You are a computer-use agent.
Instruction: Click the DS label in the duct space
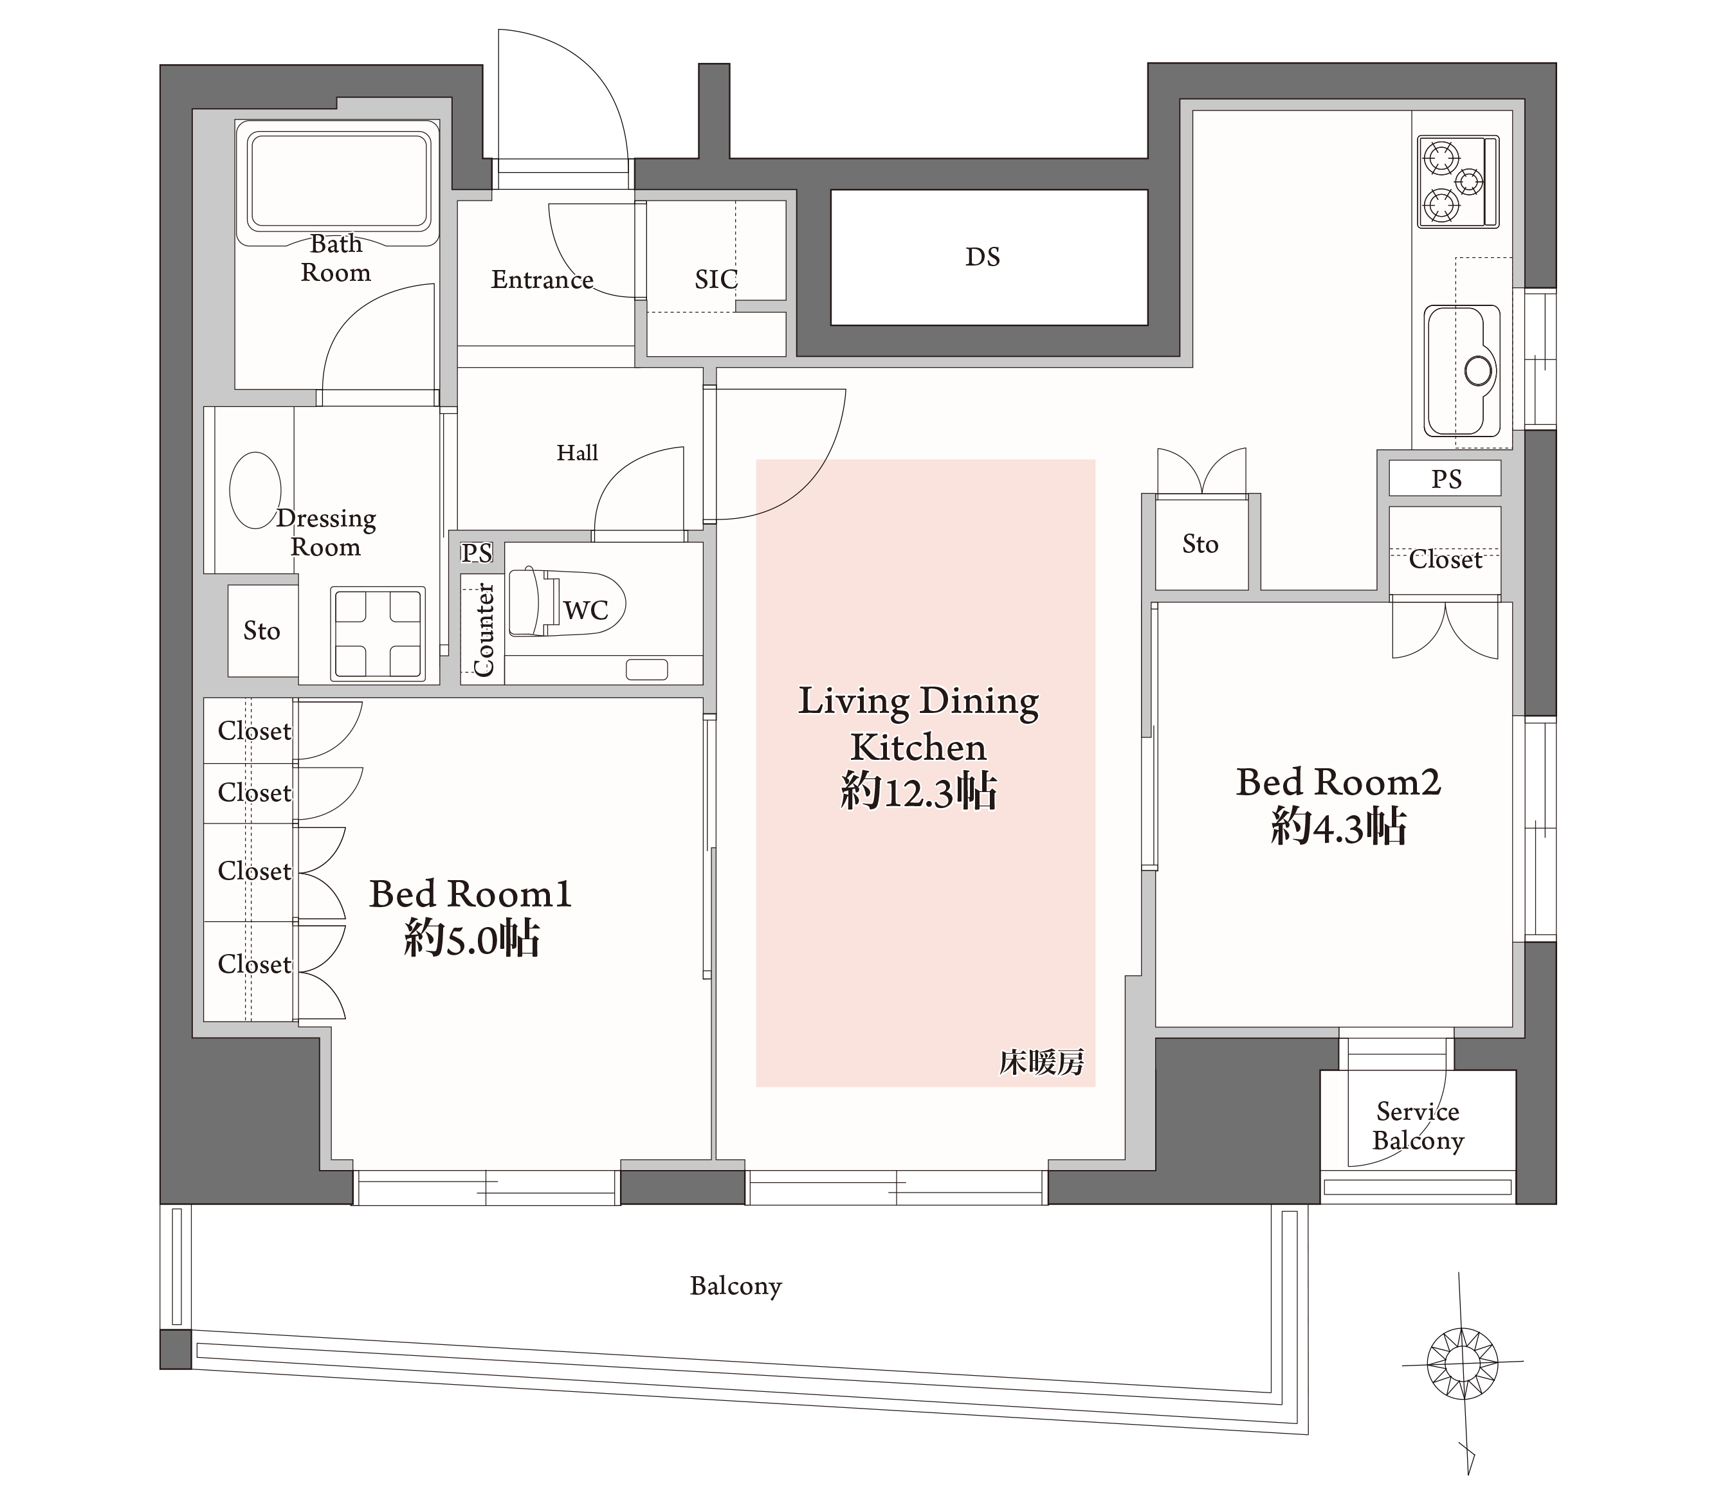[x=982, y=257]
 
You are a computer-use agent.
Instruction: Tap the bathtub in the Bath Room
[x=338, y=182]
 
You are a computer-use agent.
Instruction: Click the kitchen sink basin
[x=1463, y=370]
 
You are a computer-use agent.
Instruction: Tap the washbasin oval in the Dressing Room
[x=255, y=490]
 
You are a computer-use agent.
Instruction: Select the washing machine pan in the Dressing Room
[x=378, y=634]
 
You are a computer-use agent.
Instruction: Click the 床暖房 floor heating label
[x=1041, y=1063]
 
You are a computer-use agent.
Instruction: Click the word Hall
[x=578, y=453]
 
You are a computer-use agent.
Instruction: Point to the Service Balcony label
[x=1418, y=1126]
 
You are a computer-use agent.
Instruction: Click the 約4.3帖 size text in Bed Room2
[x=1338, y=826]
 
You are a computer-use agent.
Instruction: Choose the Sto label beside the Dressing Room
[x=262, y=631]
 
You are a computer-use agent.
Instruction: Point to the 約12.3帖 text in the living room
[x=918, y=791]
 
